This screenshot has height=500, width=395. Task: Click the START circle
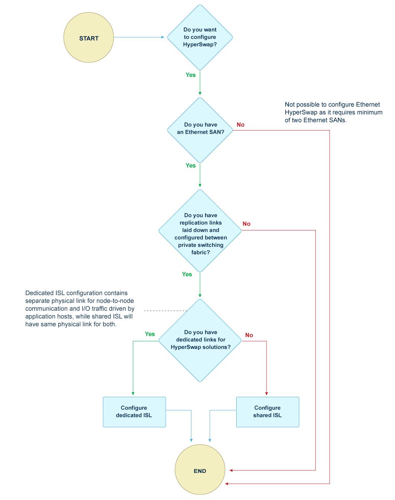[89, 38]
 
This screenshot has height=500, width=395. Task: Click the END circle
[200, 470]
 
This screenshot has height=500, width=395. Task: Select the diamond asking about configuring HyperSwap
[200, 37]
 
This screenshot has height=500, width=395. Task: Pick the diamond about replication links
[200, 231]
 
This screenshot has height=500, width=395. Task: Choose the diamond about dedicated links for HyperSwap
[200, 340]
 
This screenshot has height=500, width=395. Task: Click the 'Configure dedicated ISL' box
[134, 412]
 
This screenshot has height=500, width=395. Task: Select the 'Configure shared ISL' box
[267, 412]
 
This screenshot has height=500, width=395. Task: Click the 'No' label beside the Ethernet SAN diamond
[240, 125]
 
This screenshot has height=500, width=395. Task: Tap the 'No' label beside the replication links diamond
[246, 224]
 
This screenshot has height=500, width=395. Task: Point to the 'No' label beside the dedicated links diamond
[249, 335]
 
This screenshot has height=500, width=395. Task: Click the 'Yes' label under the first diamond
[191, 75]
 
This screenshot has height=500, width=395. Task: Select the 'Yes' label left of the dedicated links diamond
[150, 334]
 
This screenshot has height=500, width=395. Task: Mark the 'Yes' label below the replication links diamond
[187, 274]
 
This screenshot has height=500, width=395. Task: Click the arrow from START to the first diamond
[139, 37]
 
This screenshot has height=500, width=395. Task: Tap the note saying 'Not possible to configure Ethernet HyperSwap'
[333, 112]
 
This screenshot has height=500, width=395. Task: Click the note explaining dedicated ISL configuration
[80, 308]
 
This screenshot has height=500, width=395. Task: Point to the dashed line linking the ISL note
[165, 310]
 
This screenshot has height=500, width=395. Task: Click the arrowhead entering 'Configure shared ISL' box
[266, 393]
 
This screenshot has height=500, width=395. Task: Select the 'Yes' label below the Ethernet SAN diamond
[191, 166]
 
